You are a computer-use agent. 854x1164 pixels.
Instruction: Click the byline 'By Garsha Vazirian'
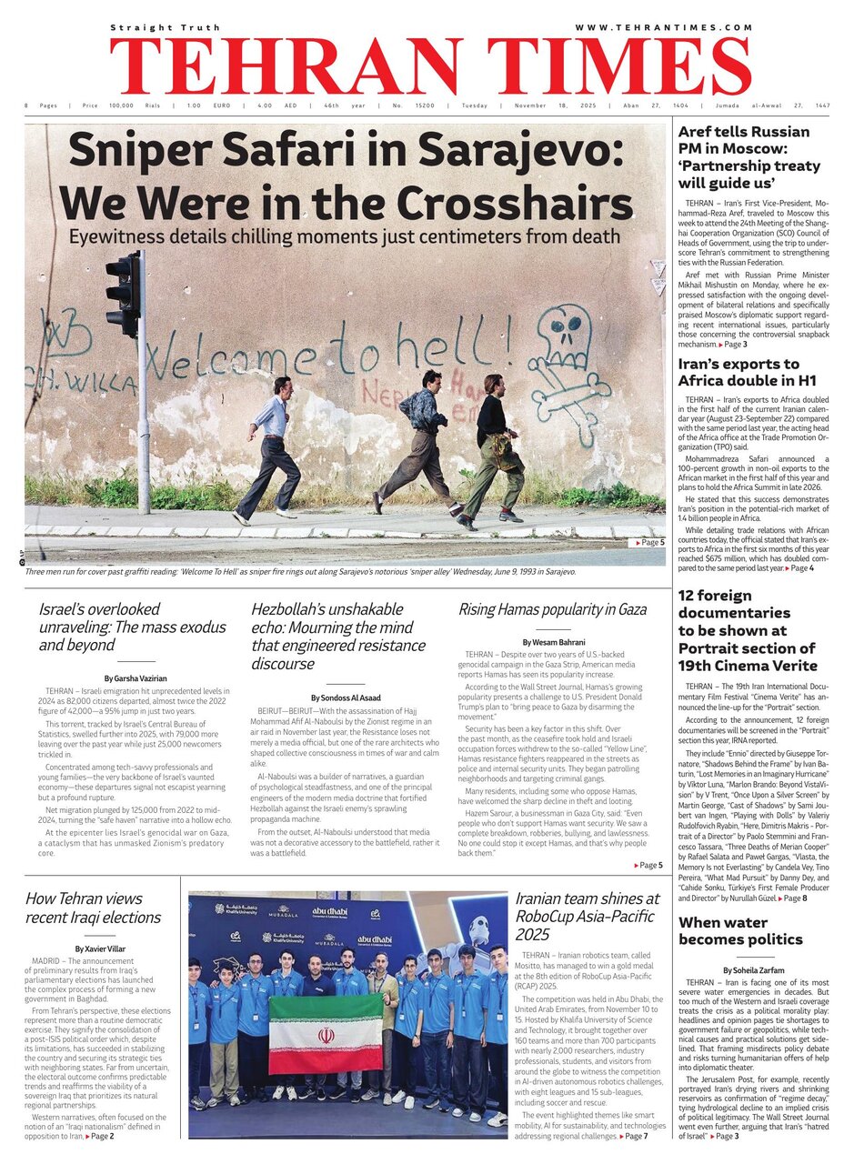tap(136, 678)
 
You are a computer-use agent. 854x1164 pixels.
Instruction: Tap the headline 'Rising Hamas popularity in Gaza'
tap(552, 609)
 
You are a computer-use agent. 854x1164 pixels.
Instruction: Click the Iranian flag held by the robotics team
tap(325, 1033)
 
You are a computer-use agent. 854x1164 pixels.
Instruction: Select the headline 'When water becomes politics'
tap(740, 929)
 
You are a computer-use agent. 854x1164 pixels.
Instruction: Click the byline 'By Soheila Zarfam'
tap(749, 970)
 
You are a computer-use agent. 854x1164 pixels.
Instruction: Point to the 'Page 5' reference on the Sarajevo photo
tap(648, 542)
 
